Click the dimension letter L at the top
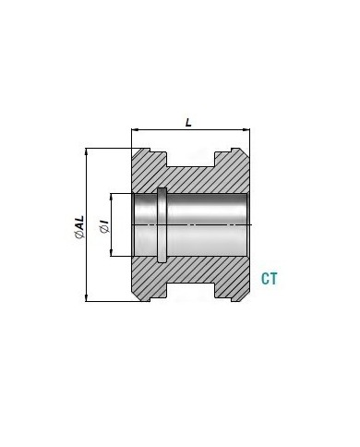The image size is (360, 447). [188, 123]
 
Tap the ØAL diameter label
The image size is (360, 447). [79, 227]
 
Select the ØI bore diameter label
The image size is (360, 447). [104, 226]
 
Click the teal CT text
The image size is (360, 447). [270, 279]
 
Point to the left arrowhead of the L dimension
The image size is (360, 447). [134, 130]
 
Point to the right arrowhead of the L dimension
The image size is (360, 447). [246, 130]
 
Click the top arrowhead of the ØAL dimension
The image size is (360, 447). [87, 151]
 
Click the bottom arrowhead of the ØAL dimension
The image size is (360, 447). [87, 298]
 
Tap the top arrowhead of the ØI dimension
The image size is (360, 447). [111, 197]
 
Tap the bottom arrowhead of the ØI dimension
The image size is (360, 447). [111, 253]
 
